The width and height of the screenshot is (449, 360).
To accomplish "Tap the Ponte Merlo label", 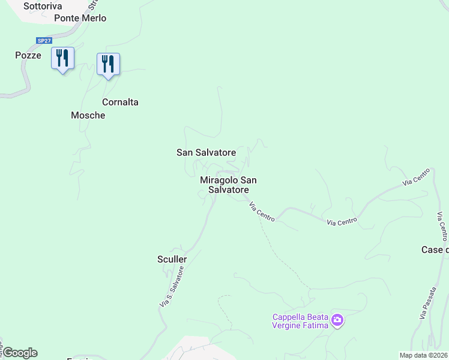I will [x=80, y=18].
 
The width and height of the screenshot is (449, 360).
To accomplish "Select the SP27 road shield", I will [x=44, y=40].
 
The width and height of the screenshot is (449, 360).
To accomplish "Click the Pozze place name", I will [x=28, y=55].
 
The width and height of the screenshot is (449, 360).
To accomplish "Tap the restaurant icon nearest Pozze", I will [x=62, y=58].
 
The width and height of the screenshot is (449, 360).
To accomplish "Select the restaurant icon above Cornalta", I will [x=108, y=64].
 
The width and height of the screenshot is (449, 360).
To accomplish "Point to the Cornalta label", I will [x=120, y=102].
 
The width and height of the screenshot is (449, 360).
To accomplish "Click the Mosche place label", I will [x=88, y=115].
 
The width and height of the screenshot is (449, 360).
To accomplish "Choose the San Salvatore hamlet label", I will [x=206, y=152].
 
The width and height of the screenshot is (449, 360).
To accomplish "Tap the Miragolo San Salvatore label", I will [x=228, y=185].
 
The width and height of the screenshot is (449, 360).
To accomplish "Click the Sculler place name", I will [x=172, y=259].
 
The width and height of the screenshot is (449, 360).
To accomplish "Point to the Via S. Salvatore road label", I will [x=171, y=288].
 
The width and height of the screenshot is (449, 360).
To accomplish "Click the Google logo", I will [x=20, y=353].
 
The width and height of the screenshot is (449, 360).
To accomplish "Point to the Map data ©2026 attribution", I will [x=423, y=355].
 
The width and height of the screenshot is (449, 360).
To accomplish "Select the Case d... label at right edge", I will [x=435, y=250].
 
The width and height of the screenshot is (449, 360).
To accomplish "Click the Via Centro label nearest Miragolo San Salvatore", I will [x=262, y=212].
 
